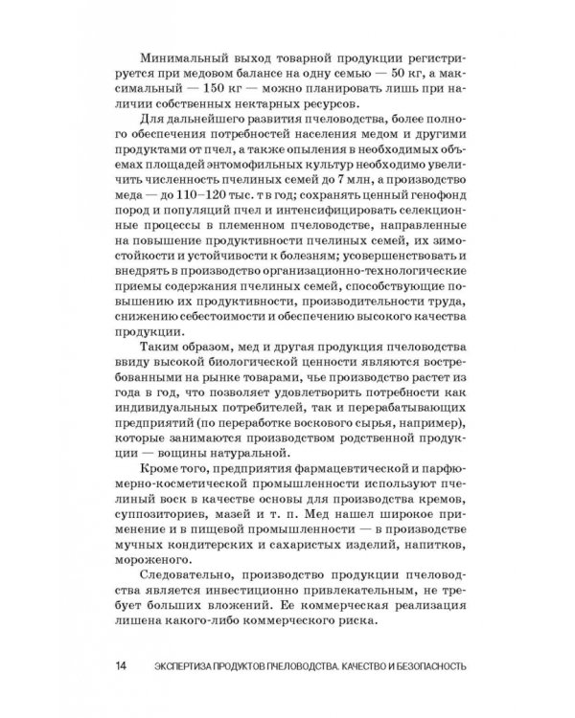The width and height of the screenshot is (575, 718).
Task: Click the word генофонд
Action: pos(436,207)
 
